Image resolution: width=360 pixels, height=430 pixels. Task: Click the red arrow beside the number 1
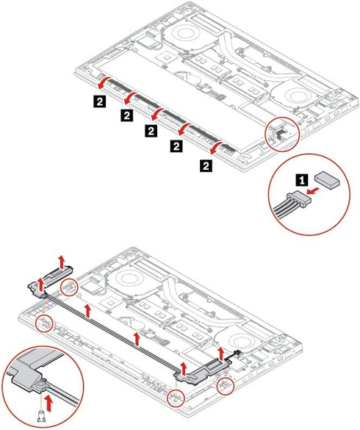pyautogui.click(x=314, y=190)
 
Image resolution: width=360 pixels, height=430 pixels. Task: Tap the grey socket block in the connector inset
pyautogui.click(x=328, y=179)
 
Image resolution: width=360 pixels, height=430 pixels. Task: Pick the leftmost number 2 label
pyautogui.click(x=100, y=101)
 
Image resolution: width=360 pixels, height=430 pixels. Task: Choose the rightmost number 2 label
pyautogui.click(x=206, y=166)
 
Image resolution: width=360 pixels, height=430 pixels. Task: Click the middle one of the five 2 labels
pyautogui.click(x=151, y=131)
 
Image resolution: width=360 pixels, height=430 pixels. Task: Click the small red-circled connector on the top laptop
pyautogui.click(x=280, y=134)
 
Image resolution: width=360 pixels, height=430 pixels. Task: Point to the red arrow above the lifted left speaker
pyautogui.click(x=62, y=262)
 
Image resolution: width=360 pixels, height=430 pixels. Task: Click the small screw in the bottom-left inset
pyautogui.click(x=41, y=416)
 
